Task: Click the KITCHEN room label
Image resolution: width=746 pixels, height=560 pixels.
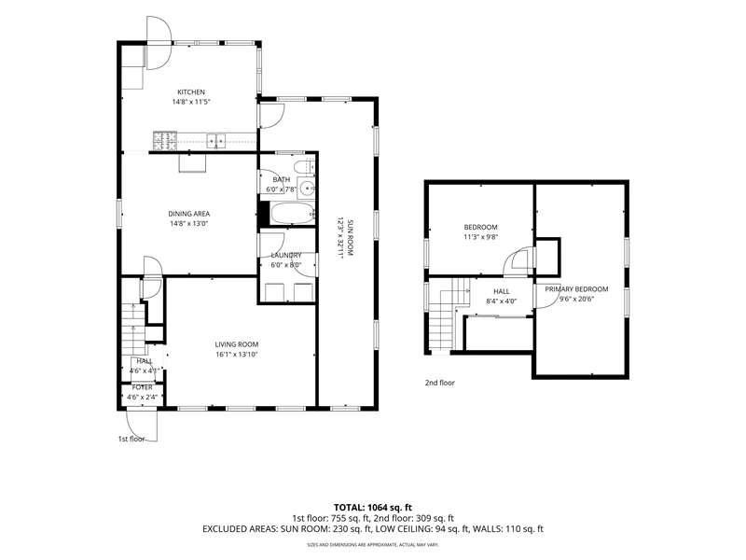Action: [x=191, y=91]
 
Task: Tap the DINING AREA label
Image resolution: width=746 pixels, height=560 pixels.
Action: [x=189, y=214]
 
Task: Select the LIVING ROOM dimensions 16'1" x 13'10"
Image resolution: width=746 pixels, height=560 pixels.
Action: [x=237, y=355]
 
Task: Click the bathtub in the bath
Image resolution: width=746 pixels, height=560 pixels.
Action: [x=292, y=213]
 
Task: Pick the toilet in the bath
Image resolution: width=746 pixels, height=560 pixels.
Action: [x=304, y=167]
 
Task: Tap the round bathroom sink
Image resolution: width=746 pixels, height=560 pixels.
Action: [x=307, y=189]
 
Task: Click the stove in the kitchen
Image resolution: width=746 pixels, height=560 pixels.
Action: [x=165, y=140]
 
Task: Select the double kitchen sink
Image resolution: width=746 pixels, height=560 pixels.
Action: [x=216, y=141]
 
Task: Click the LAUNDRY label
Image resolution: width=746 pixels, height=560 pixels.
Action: [x=286, y=255]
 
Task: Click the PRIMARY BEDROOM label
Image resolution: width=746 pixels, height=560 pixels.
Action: [x=576, y=289]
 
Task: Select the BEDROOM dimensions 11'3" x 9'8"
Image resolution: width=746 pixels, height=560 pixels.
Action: [x=481, y=237]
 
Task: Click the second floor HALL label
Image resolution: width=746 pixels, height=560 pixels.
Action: [x=502, y=291]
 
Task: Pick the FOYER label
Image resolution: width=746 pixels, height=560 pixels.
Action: [x=143, y=387]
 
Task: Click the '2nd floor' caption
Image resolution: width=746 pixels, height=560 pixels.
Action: [x=440, y=383]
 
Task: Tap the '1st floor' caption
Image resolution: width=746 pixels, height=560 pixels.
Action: [x=131, y=439]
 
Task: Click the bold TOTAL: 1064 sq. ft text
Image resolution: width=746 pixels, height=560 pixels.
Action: [x=373, y=508]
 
